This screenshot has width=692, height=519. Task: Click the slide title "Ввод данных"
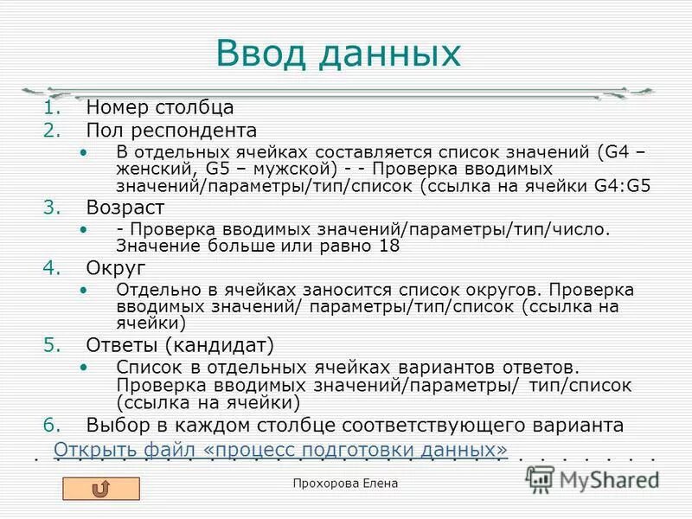(x=338, y=54)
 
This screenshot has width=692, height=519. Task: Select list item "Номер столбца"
(x=160, y=108)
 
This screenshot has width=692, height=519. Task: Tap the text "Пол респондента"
(x=171, y=131)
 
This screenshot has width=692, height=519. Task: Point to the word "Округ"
(x=116, y=267)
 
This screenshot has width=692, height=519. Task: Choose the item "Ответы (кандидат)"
(x=180, y=345)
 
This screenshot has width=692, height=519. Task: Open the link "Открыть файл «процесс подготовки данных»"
(x=280, y=450)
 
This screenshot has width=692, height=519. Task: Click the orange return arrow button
(x=101, y=489)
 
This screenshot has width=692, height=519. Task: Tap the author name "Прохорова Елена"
(x=346, y=484)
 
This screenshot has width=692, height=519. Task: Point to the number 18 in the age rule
(x=391, y=246)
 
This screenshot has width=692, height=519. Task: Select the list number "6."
(x=52, y=425)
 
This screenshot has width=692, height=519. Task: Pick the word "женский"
(x=145, y=169)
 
